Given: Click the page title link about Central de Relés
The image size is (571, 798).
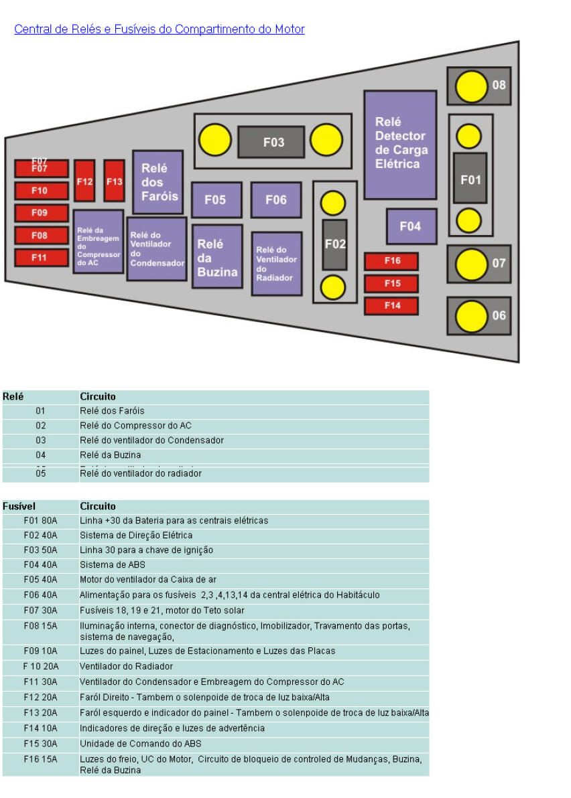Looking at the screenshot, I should (160, 29).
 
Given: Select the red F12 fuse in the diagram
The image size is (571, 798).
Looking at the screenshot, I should (84, 181).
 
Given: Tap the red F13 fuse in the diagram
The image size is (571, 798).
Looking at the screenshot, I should (115, 181).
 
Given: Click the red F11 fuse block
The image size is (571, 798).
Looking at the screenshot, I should (41, 257).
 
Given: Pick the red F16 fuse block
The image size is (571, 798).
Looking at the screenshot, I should (391, 261).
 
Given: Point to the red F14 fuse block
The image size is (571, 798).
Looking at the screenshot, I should (391, 306).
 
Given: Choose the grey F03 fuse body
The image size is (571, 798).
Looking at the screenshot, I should (271, 142).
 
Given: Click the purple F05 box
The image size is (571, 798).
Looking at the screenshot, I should (216, 199).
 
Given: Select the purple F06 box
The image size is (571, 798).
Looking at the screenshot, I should (275, 199).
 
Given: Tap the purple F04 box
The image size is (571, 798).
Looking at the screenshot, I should (411, 226).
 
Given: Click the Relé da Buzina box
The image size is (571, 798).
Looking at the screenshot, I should (217, 257).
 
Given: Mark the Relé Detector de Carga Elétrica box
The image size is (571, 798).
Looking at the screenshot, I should (400, 145).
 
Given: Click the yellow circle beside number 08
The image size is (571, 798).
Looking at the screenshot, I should (471, 86).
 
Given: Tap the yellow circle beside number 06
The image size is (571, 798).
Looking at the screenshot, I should (471, 315).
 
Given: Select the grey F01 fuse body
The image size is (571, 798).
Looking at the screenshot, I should (470, 179).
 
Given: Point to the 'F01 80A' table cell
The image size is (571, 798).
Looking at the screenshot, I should (40, 521).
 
